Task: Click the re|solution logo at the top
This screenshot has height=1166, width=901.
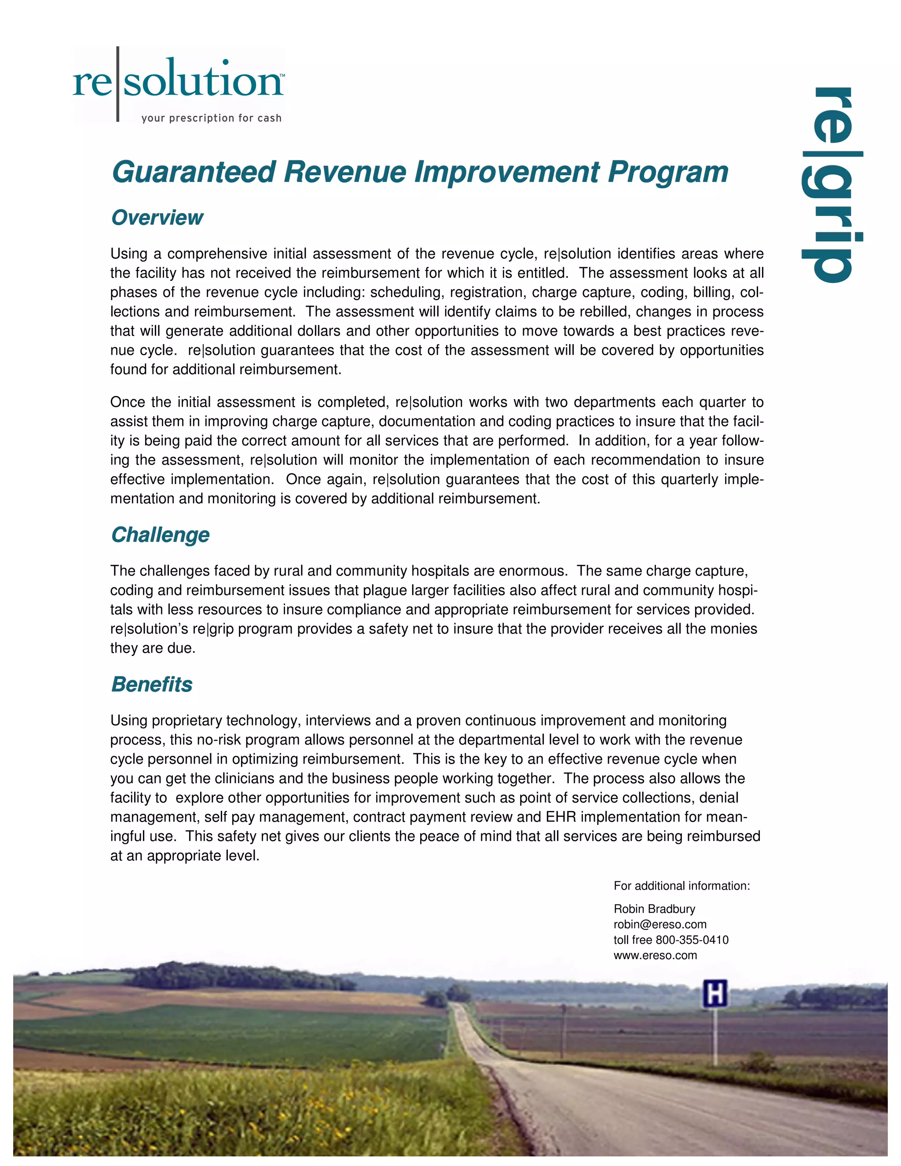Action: pyautogui.click(x=178, y=80)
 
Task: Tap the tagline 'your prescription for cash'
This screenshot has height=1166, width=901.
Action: pyautogui.click(x=211, y=118)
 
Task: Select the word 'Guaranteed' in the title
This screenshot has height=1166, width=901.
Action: pyautogui.click(x=194, y=172)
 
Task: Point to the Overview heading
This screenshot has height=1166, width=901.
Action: pyautogui.click(x=157, y=218)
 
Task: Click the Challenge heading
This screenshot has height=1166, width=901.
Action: pyautogui.click(x=160, y=535)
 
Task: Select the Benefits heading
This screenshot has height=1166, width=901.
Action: pyautogui.click(x=152, y=685)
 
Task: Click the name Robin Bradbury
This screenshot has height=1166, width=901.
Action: pyautogui.click(x=654, y=909)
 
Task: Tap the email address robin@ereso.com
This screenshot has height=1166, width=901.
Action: pyautogui.click(x=660, y=924)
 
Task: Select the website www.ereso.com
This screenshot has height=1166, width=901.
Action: pyautogui.click(x=655, y=955)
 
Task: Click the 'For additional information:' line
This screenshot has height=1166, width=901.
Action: pyautogui.click(x=681, y=886)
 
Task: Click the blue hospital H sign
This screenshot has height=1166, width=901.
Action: pyautogui.click(x=715, y=994)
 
